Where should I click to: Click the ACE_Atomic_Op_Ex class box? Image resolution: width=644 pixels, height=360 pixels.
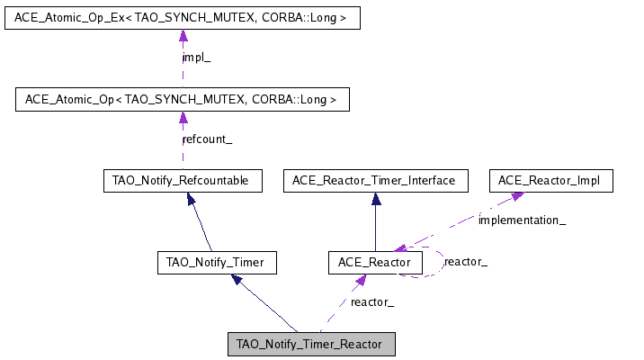pyautogui.click(x=182, y=18)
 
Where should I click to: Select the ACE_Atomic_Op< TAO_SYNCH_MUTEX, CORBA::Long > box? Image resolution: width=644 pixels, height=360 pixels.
pyautogui.click(x=182, y=99)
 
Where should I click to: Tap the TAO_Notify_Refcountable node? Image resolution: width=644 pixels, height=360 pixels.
pyautogui.click(x=182, y=181)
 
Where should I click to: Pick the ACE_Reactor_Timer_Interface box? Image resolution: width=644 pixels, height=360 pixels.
pyautogui.click(x=375, y=181)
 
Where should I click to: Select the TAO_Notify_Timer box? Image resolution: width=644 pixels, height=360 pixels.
pyautogui.click(x=216, y=263)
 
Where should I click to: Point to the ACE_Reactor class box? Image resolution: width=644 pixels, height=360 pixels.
pyautogui.click(x=375, y=263)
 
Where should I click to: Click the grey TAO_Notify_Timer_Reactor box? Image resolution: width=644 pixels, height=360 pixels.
pyautogui.click(x=310, y=344)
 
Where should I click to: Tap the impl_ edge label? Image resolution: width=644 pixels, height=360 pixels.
pyautogui.click(x=196, y=58)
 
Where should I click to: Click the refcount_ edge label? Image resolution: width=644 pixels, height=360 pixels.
pyautogui.click(x=207, y=139)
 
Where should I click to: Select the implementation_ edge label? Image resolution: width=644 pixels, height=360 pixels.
pyautogui.click(x=522, y=220)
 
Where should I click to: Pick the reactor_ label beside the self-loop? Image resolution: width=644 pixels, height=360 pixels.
pyautogui.click(x=466, y=262)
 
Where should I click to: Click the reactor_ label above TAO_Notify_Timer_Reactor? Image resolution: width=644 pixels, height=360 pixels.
pyautogui.click(x=372, y=302)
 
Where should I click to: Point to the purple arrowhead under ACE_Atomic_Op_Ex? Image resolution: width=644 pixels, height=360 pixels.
pyautogui.click(x=183, y=36)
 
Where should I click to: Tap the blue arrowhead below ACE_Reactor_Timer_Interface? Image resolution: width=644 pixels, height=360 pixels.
pyautogui.click(x=376, y=199)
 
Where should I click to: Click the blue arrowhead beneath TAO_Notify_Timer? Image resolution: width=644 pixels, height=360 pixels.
pyautogui.click(x=237, y=280)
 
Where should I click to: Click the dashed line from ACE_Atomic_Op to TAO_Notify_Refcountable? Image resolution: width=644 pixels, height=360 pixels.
pyautogui.click(x=183, y=153)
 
